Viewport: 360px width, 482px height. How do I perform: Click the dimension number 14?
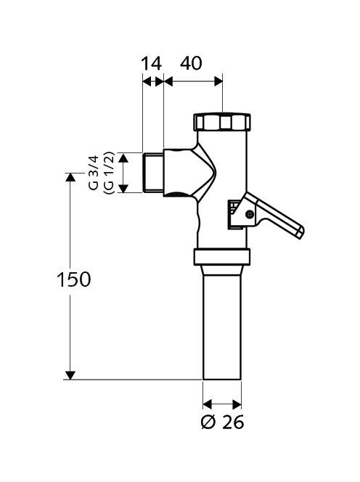pyautogui.click(x=151, y=64)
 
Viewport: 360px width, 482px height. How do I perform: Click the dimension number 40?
pyautogui.click(x=191, y=63)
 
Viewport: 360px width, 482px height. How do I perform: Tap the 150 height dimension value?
pyautogui.click(x=74, y=279)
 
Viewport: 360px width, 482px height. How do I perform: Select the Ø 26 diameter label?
pyautogui.click(x=222, y=422)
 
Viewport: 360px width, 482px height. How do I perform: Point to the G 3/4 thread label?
pyautogui.click(x=94, y=173)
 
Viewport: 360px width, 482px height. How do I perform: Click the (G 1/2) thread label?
pyautogui.click(x=109, y=173)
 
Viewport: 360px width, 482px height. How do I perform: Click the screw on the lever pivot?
pyautogui.click(x=250, y=214)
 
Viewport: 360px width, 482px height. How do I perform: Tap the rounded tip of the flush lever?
pyautogui.click(x=300, y=233)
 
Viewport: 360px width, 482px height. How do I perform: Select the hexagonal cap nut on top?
pyautogui.click(x=221, y=122)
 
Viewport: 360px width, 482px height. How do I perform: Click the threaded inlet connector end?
pyautogui.click(x=153, y=173)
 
